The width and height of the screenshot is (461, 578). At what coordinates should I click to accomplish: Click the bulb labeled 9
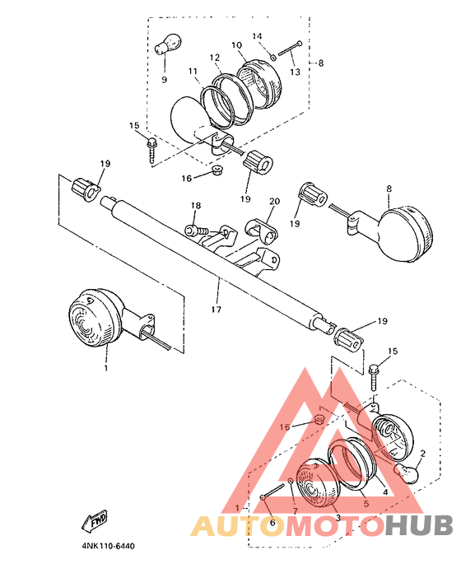[x=168, y=44]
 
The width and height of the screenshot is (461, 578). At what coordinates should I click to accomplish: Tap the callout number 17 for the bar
[x=217, y=310]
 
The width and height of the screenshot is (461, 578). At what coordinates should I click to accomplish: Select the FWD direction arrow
[x=95, y=520]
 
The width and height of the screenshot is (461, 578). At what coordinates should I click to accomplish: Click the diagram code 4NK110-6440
[x=109, y=546]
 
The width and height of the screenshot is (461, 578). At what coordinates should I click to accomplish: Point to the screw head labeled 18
[x=190, y=231]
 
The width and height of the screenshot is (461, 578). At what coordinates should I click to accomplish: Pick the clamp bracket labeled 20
[x=261, y=231]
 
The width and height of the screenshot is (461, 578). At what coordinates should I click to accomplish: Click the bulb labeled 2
[x=407, y=473]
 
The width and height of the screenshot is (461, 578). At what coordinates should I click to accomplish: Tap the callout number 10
[x=236, y=45]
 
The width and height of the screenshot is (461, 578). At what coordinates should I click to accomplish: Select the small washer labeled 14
[x=273, y=57]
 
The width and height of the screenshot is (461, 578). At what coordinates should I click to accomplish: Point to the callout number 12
[x=215, y=58]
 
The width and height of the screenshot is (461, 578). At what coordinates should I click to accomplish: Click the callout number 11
[x=193, y=71]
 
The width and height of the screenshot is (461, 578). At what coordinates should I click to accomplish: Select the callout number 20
[x=275, y=201]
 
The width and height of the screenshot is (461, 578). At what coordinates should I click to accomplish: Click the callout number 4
[x=386, y=492]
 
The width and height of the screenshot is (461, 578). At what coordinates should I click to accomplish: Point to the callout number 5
[x=366, y=504]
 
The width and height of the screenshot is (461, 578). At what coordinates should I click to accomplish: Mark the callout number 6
[x=272, y=523]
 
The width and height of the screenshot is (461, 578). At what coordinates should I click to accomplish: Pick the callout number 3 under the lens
[x=338, y=518]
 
